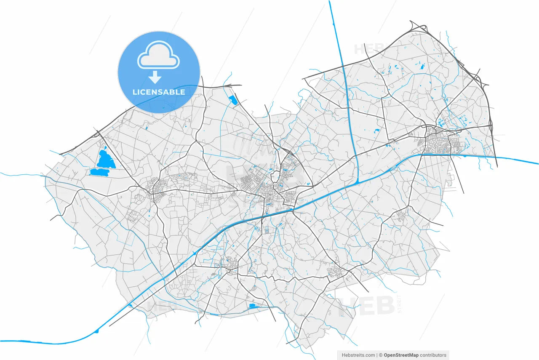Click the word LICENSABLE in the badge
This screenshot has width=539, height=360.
click(159, 92)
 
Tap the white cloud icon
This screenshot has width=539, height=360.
click(158, 55)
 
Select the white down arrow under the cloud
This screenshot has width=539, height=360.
click(155, 77)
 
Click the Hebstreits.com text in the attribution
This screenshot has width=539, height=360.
click(358, 355)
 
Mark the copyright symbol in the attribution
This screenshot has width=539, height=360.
click(380, 355)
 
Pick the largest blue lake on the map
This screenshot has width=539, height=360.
click(105, 159)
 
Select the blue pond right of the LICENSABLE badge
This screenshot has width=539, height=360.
click(232, 100)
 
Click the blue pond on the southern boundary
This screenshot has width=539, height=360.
click(252, 306)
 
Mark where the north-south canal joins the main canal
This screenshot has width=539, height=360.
click(357, 181)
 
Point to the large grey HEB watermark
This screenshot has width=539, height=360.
click(366, 306)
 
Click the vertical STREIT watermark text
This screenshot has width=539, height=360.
click(400, 304)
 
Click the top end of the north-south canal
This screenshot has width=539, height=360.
click(330, 2)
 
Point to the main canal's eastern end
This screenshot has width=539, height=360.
click(537, 164)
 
